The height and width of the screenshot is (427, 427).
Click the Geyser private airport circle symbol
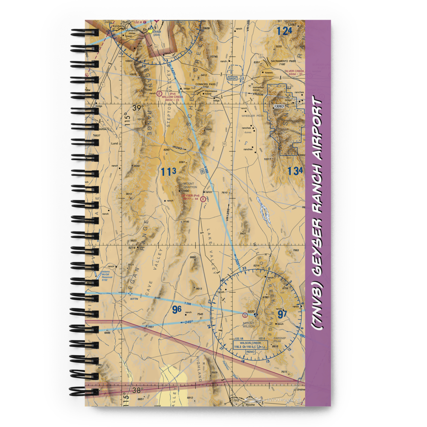pyautogui.click(x=204, y=192)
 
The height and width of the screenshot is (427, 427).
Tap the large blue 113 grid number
pyautogui.click(x=168, y=172)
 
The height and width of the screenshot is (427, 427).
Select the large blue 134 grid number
pyautogui.click(x=295, y=171)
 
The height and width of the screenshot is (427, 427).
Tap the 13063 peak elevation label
pyautogui.click(x=279, y=106)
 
